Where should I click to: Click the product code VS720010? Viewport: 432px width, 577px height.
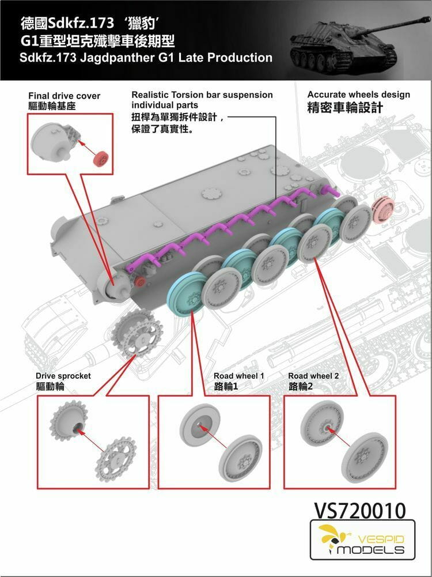pyautogui.click(x=359, y=510)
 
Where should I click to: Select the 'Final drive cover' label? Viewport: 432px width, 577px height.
pyautogui.click(x=65, y=96)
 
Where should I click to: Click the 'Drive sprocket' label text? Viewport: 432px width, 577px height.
pyautogui.click(x=63, y=376)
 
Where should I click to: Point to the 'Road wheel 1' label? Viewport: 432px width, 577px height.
pyautogui.click(x=239, y=376)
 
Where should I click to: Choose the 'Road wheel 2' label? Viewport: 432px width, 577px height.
pyautogui.click(x=313, y=376)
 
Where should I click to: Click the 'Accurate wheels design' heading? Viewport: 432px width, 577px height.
pyautogui.click(x=358, y=95)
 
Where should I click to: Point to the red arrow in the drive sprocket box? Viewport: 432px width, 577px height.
pyautogui.click(x=91, y=440)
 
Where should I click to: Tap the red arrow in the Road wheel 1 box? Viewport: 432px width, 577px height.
pyautogui.click(x=213, y=436)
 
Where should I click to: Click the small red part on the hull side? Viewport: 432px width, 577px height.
pyautogui.click(x=139, y=282)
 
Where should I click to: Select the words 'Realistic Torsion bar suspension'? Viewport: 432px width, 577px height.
pyautogui.click(x=202, y=95)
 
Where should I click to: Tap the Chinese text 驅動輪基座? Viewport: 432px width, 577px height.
pyautogui.click(x=52, y=106)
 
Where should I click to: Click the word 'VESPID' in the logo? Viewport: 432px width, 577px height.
pyautogui.click(x=380, y=540)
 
